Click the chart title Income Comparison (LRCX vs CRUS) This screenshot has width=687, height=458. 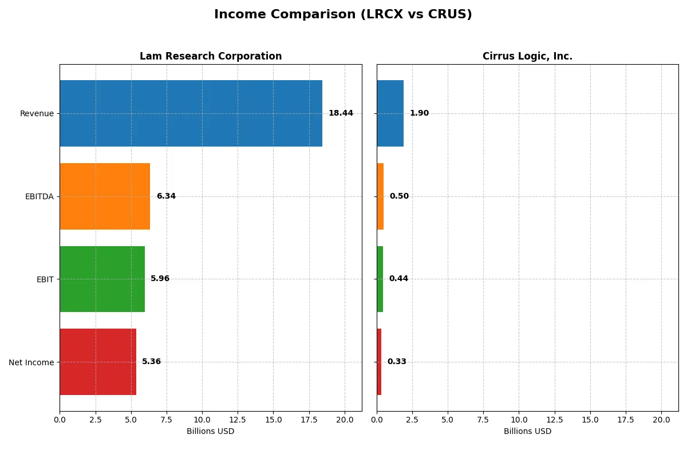pyautogui.click(x=343, y=15)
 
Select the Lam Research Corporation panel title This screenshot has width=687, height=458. pyautogui.click(x=211, y=56)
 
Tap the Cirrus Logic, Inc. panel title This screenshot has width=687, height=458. pyautogui.click(x=527, y=56)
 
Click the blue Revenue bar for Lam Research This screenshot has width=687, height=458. pyautogui.click(x=191, y=113)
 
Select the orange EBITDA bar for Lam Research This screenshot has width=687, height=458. pyautogui.click(x=105, y=196)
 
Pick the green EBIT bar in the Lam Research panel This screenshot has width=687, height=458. pyautogui.click(x=102, y=279)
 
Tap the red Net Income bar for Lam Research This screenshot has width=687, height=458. pyautogui.click(x=98, y=362)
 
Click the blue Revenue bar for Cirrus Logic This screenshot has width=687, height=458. pyautogui.click(x=390, y=113)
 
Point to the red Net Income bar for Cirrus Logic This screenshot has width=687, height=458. pyautogui.click(x=379, y=362)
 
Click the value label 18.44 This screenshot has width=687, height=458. pyautogui.click(x=341, y=113)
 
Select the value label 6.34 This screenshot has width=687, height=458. pyautogui.click(x=166, y=196)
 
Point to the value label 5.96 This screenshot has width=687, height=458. pyautogui.click(x=160, y=279)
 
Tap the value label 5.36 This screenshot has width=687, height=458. pyautogui.click(x=151, y=362)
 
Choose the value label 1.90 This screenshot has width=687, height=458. pyautogui.click(x=419, y=113)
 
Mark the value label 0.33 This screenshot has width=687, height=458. pyautogui.click(x=397, y=362)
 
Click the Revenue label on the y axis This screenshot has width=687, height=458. pyautogui.click(x=37, y=113)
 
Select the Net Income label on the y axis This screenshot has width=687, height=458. pyautogui.click(x=31, y=362)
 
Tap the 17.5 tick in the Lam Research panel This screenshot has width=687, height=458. pyautogui.click(x=309, y=420)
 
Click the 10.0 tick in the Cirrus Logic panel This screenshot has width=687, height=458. pyautogui.click(x=519, y=420)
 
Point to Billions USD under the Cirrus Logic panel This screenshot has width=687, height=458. pyautogui.click(x=527, y=431)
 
